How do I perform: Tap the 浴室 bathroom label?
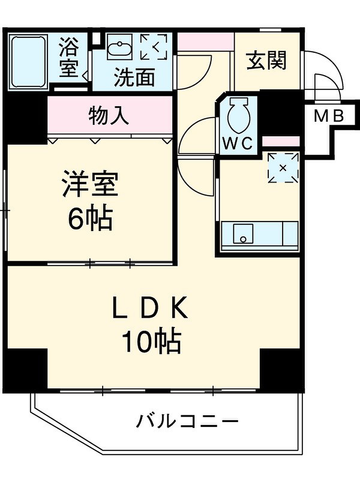tap(69, 57)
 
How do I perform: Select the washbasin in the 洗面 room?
tap(120, 47)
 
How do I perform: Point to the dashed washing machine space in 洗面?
tap(154, 47)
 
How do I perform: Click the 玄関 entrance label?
tap(267, 60)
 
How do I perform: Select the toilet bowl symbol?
tap(239, 116)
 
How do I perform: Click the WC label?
tap(238, 144)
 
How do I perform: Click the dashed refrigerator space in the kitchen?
tap(283, 168)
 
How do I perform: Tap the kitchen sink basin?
tap(243, 233)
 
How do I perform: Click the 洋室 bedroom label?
tap(90, 184)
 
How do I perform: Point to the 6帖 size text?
tap(90, 217)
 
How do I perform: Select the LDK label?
tap(150, 308)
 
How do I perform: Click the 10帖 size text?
tap(152, 342)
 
